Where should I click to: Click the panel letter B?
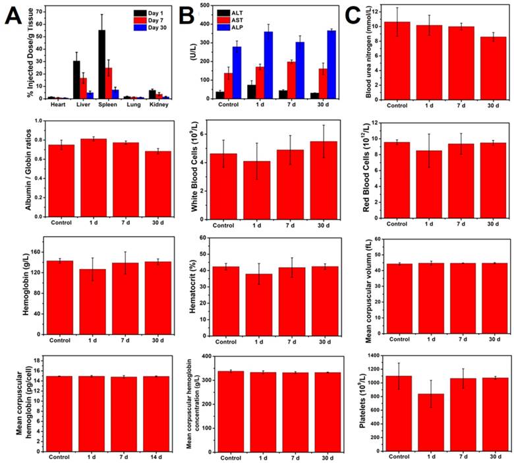tap(189, 15)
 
